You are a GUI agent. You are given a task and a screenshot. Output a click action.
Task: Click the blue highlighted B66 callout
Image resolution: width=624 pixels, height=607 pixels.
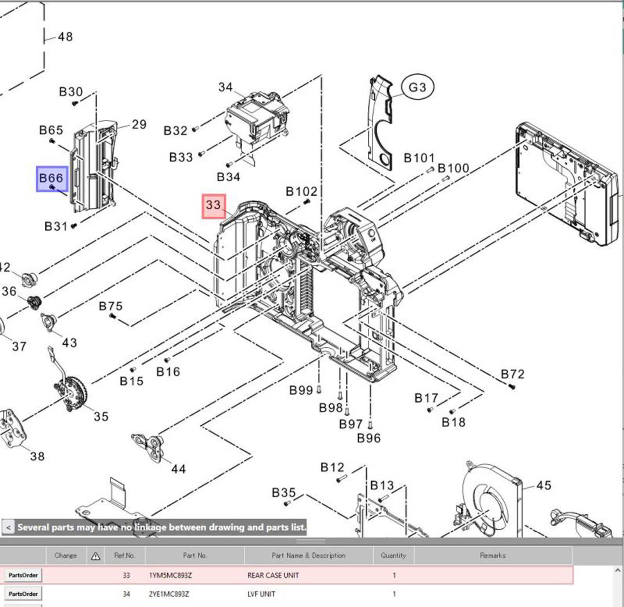(x=52, y=179)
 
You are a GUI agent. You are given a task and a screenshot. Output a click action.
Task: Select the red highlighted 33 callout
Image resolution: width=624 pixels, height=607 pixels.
(x=214, y=206)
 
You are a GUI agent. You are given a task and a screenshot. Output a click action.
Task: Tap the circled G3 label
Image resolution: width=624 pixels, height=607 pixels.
(x=417, y=87)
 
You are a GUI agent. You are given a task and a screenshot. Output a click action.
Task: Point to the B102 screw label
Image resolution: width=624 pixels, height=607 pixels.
(x=301, y=192)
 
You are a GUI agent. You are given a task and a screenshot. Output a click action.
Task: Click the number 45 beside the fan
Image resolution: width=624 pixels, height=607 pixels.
(x=544, y=485)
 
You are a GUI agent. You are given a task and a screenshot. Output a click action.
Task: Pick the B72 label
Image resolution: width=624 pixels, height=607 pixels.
(x=512, y=374)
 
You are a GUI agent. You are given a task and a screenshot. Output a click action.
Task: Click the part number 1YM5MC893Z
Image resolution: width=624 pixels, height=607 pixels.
(x=170, y=575)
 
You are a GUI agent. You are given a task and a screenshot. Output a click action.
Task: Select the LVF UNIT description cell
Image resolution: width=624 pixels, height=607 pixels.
(x=261, y=594)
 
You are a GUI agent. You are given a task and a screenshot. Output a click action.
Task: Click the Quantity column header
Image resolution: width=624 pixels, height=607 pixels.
(x=393, y=555)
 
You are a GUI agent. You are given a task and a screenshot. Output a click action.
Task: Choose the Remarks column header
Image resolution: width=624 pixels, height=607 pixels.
(x=493, y=555)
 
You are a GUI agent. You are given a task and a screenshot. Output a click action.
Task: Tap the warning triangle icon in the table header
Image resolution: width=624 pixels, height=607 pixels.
(x=95, y=556)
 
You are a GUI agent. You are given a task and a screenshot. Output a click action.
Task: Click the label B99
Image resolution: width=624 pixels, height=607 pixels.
(x=301, y=390)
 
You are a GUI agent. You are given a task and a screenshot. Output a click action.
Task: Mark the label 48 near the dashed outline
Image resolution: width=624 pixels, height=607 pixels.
(x=65, y=37)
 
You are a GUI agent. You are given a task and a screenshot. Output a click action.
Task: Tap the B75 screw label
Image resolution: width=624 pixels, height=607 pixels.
(x=110, y=306)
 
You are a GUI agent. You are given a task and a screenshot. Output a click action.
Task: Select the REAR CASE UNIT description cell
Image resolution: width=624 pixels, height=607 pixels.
(x=273, y=575)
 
